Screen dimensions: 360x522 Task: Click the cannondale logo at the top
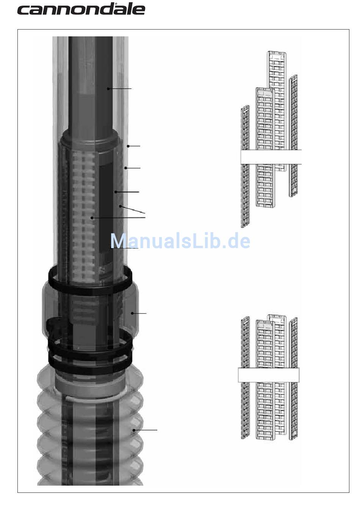coord(81,9)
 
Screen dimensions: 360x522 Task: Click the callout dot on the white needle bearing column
coord(92,218)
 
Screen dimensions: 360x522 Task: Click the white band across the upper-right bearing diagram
coord(271,156)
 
